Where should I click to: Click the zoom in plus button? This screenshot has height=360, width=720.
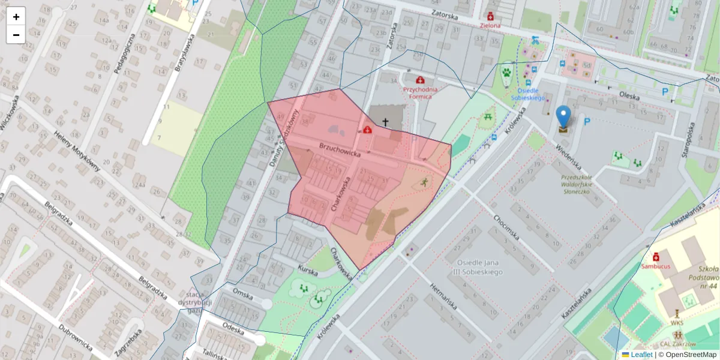click(16, 17)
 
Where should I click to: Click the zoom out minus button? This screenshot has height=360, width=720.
click(16, 35)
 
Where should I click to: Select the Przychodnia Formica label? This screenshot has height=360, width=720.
click(421, 92)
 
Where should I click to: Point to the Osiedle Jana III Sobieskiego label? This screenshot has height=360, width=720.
click(479, 267)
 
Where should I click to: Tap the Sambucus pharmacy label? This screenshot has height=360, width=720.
click(655, 265)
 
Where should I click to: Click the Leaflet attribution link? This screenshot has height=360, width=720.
click(641, 355)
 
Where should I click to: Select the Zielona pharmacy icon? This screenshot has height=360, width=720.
click(490, 16)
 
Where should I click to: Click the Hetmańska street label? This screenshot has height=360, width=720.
click(445, 296)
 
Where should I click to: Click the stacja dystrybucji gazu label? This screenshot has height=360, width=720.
click(193, 302)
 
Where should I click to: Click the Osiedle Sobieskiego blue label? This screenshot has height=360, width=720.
click(527, 94)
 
